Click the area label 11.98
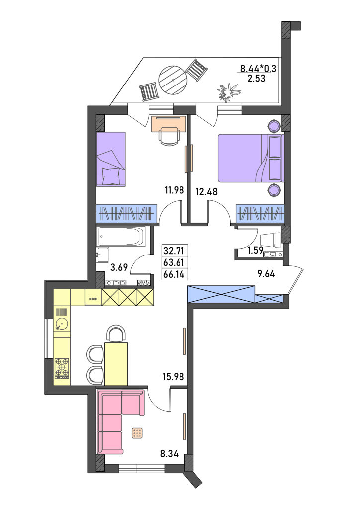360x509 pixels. (x=175, y=190)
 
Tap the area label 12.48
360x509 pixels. (x=206, y=191)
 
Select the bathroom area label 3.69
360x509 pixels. (x=119, y=267)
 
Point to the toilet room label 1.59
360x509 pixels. (x=255, y=251)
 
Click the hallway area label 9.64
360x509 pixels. (x=266, y=274)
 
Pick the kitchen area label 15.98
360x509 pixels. (x=174, y=377)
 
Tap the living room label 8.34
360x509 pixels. (x=169, y=454)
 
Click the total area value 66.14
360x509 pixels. (x=174, y=274)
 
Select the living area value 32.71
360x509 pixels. (x=174, y=251)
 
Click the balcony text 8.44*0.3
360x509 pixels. (x=258, y=69)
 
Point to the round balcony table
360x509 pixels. (x=173, y=80)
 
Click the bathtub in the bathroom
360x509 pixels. (x=121, y=237)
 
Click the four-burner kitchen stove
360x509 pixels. (x=62, y=368)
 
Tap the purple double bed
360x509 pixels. (x=250, y=158)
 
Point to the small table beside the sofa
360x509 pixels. (x=137, y=433)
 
